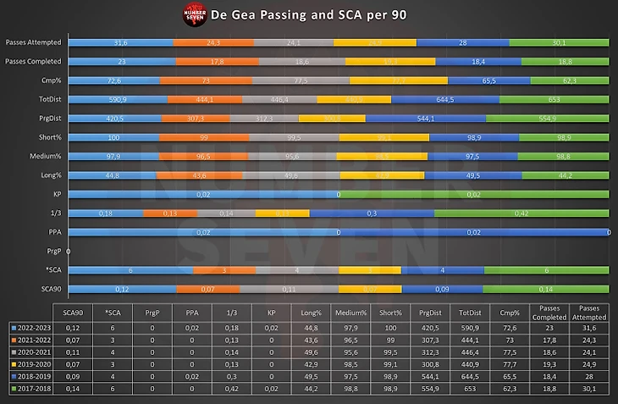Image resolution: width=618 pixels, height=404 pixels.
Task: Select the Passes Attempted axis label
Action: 32,42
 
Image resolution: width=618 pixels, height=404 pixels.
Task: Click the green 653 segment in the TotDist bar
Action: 555,99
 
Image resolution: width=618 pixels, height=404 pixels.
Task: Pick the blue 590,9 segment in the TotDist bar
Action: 118,99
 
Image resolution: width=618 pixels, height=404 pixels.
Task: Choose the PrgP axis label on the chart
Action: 54,251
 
